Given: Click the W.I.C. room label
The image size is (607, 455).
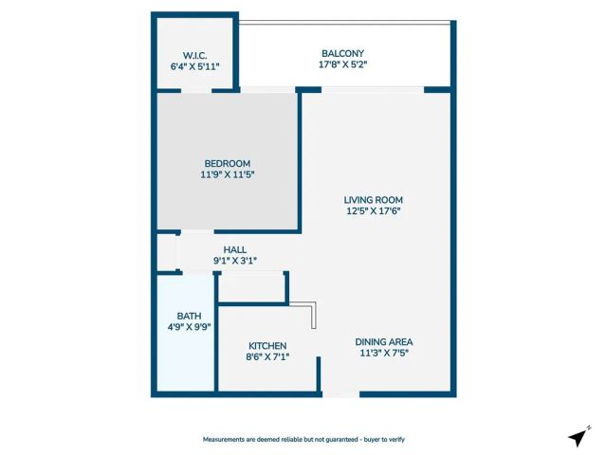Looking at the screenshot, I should [x=193, y=54].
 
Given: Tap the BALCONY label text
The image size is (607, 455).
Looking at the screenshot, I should [x=342, y=53].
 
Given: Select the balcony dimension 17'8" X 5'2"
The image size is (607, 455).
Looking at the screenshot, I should [x=342, y=64].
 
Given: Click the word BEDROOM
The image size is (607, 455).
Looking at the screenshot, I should [x=228, y=163].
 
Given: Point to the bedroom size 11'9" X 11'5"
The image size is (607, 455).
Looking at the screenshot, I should [x=228, y=174].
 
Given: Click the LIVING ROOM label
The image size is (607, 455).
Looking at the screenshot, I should [x=374, y=200].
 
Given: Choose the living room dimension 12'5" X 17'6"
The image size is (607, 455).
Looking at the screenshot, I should [x=374, y=211].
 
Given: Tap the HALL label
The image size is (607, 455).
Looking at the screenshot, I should [x=235, y=249].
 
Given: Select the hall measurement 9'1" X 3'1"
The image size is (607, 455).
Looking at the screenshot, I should [x=235, y=261].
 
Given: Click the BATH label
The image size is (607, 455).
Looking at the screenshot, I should [x=188, y=316].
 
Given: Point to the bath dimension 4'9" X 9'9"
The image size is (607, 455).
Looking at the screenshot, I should [x=188, y=327].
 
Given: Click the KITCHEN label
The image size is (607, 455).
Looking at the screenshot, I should [x=267, y=345].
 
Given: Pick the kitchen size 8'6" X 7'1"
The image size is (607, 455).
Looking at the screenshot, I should [x=267, y=356].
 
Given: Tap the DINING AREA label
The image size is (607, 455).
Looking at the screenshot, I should [x=383, y=341].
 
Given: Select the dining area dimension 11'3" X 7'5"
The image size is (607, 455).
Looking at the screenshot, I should [x=383, y=353].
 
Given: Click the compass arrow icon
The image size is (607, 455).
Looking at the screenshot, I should [x=577, y=437].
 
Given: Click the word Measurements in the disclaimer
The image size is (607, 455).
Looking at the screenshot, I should [x=228, y=440].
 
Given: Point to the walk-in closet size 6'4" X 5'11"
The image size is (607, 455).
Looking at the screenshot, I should [x=193, y=66].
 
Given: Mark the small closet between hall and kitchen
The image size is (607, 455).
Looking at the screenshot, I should [x=252, y=287].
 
